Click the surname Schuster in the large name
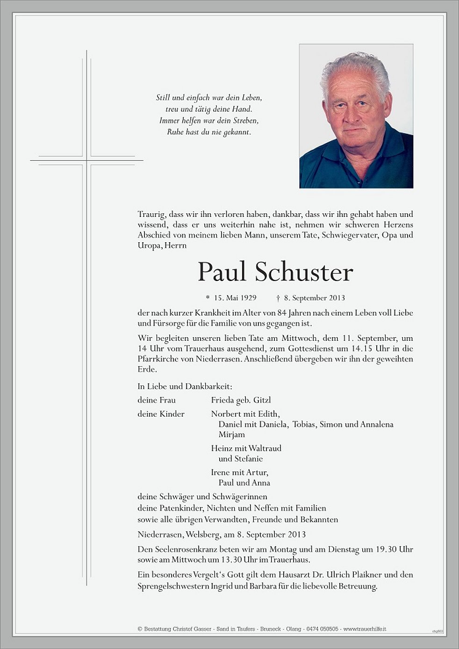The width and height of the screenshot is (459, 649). coord(304,272)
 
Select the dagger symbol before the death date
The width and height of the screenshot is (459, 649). coord(278,298)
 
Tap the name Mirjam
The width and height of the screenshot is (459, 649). coord(232,434)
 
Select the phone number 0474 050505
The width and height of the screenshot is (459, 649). coord(323,629)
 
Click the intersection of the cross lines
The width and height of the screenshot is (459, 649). coord(86,160)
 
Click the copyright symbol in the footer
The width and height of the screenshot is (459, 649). coord(140,629)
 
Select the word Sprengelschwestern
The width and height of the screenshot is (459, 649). coord(175,586)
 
